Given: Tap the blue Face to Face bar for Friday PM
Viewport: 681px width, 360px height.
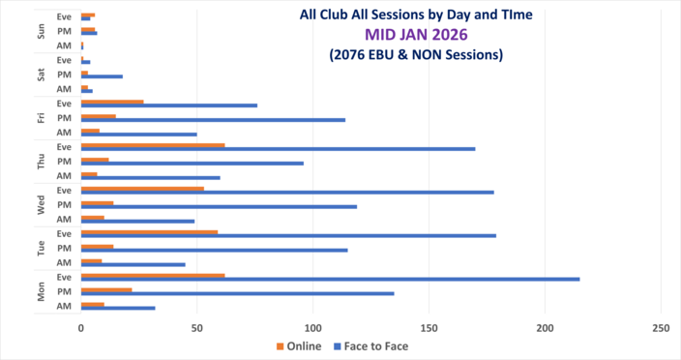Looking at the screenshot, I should coord(213,120).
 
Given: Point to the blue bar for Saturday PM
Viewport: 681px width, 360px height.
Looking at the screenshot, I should coord(102,75).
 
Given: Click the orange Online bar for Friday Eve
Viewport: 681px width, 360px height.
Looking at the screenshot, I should coord(112,102).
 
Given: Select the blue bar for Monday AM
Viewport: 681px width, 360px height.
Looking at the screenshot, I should coord(118,308).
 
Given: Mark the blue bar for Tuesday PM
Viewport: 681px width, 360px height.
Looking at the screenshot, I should coord(214,250).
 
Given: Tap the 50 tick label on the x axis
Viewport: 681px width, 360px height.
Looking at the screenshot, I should coord(197,327).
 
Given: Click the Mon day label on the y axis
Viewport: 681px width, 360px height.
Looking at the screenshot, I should coord(41,291).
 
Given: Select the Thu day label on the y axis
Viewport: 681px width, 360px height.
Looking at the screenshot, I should coord(41,161).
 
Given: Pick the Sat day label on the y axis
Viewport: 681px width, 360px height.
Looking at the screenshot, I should coord(41,74).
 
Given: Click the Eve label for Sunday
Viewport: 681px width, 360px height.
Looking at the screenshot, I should coord(64,15).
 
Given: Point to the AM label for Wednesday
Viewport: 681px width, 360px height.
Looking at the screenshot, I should coord(64,219).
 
